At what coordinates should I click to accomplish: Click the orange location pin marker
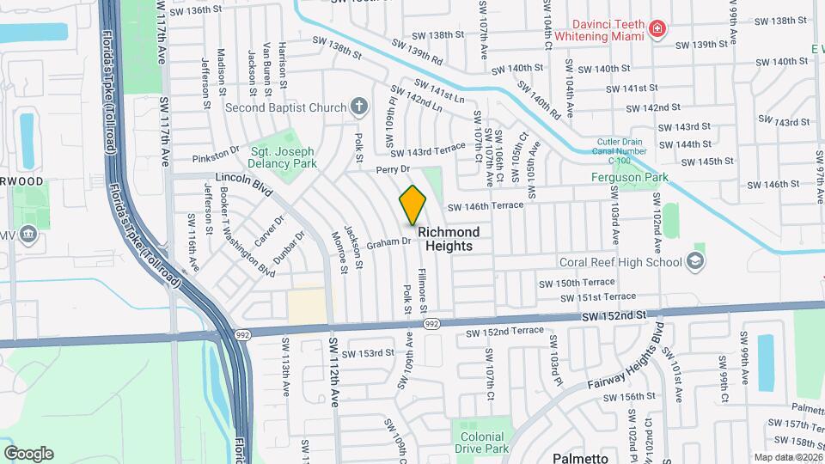click(412, 205)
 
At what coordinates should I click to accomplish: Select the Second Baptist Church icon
click(359, 107)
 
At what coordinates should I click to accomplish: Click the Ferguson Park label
click(629, 178)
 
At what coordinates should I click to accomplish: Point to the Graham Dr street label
click(388, 242)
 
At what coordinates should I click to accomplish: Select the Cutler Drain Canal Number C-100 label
click(637, 151)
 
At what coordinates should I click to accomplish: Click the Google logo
click(28, 453)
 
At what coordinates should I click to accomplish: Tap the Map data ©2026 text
click(787, 457)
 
